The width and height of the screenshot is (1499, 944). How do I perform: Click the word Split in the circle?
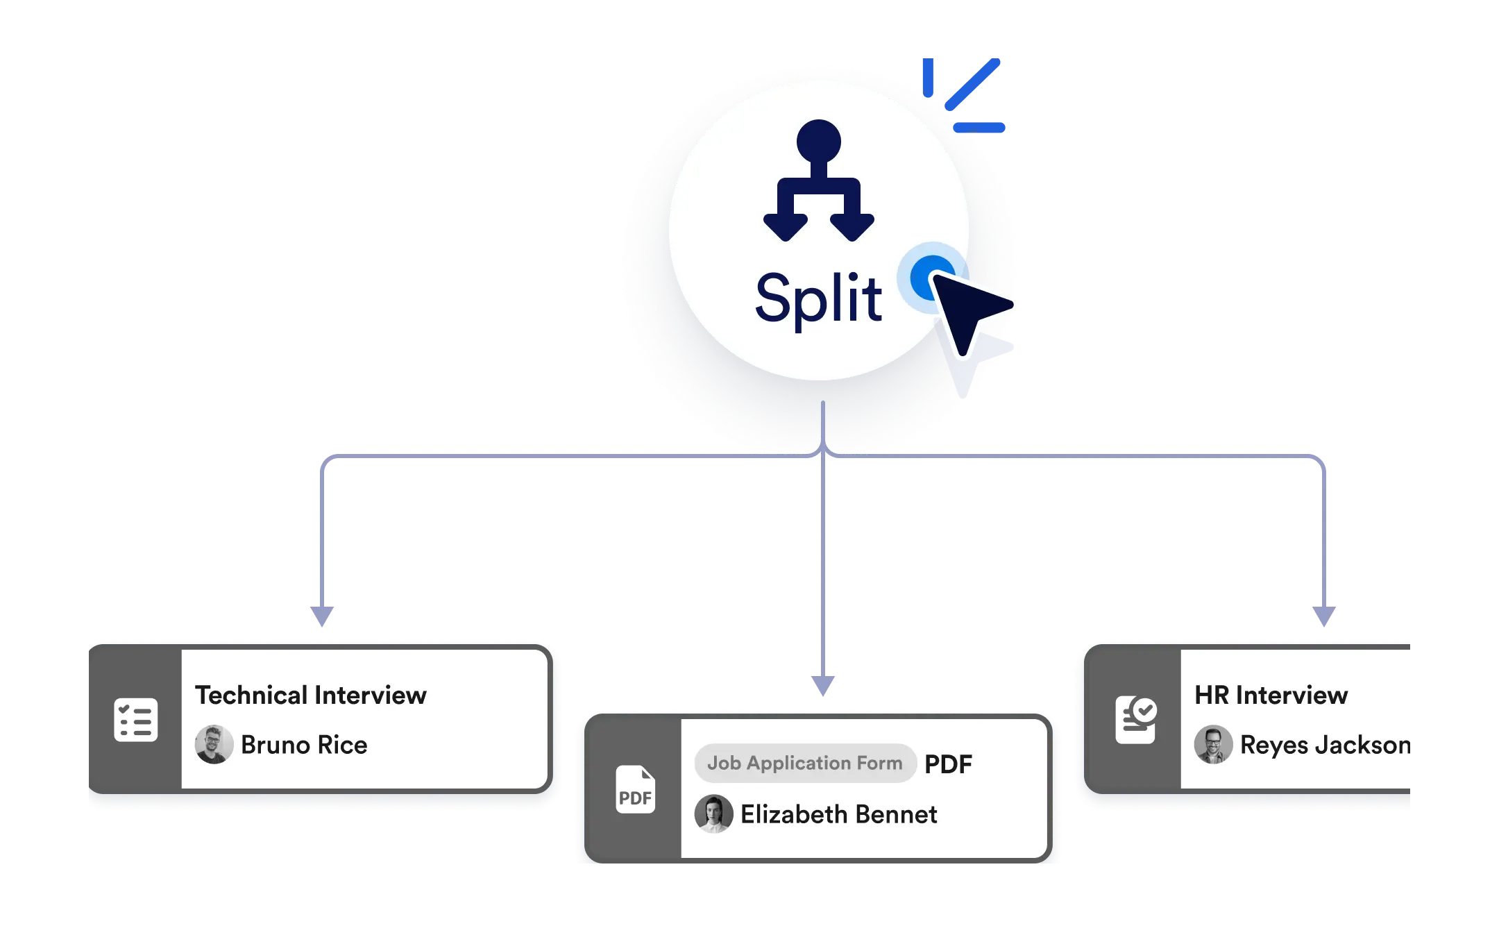(x=818, y=298)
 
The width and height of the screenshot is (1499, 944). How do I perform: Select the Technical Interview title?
(x=311, y=695)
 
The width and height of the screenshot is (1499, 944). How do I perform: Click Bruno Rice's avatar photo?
(x=214, y=745)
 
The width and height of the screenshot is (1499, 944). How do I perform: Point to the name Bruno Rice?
(x=304, y=745)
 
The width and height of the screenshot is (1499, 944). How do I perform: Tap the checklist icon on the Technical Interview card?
(x=135, y=720)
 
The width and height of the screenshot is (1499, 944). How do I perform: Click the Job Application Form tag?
(x=805, y=763)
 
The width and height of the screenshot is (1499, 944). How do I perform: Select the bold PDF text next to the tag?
(x=948, y=764)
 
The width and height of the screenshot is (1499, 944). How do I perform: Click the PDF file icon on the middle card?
(x=635, y=790)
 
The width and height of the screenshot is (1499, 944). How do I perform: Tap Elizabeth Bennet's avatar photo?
(x=713, y=814)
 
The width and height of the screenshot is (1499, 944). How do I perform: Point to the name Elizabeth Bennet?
(x=838, y=814)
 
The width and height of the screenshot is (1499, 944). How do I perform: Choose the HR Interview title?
(x=1271, y=695)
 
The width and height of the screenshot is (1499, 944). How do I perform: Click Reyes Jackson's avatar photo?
(x=1213, y=745)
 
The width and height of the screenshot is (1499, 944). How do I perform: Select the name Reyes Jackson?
(x=1324, y=745)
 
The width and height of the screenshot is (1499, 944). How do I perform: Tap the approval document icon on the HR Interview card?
(x=1135, y=720)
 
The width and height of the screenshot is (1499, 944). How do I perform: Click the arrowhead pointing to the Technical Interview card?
(x=322, y=615)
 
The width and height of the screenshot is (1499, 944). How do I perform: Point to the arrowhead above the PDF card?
(x=824, y=684)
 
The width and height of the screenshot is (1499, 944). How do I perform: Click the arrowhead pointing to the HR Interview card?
(x=1323, y=615)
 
